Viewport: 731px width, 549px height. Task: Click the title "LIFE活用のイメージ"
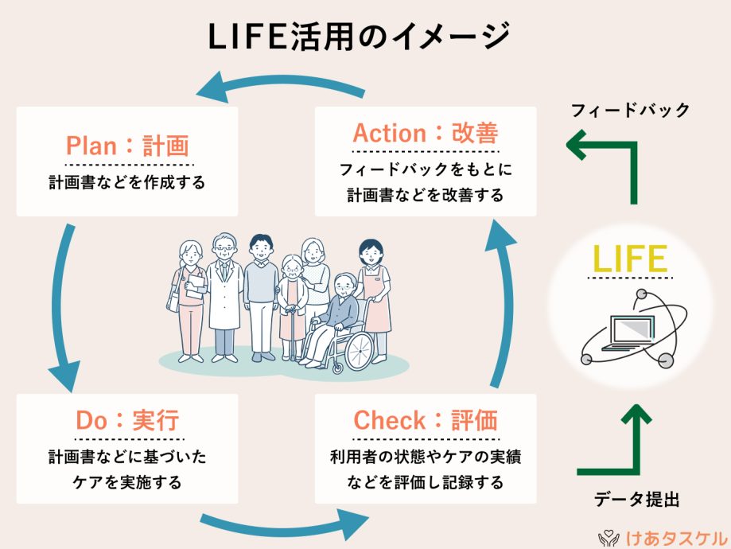point(359,37)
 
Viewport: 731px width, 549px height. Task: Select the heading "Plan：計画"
point(128,146)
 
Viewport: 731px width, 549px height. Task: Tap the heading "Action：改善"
point(426,133)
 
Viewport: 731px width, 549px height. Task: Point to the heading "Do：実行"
point(128,420)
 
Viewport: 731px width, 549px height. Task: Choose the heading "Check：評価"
point(426,420)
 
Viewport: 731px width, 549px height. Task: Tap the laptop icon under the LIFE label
point(629,333)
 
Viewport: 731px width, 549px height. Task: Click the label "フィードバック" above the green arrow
point(630,110)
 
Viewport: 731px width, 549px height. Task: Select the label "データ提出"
point(637,499)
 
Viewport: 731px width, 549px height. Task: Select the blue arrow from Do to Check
point(285,528)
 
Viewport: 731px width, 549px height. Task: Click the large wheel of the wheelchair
point(359,351)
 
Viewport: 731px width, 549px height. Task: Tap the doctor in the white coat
point(224,298)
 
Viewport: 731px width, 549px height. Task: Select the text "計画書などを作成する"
point(127,182)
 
